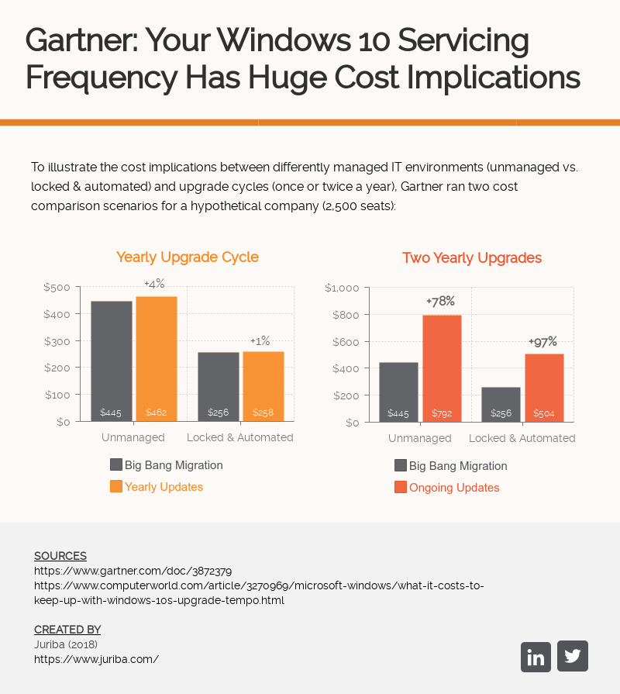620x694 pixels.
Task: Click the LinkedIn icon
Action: point(536,657)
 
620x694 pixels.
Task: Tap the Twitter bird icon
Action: point(573,656)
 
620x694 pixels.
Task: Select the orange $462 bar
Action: point(157,359)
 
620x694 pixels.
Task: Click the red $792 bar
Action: point(442,368)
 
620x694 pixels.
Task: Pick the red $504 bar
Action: point(544,388)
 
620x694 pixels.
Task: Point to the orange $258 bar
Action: point(263,386)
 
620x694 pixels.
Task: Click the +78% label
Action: point(440,301)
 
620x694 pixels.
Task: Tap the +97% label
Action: point(542,341)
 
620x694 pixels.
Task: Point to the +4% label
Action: point(154,284)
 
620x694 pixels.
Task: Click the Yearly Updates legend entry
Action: point(164,487)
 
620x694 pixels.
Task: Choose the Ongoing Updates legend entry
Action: point(453,488)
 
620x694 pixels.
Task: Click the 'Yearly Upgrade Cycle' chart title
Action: point(188,257)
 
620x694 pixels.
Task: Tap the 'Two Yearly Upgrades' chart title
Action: point(472,257)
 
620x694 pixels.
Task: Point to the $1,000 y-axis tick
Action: point(342,288)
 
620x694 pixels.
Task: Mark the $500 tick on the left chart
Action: point(57,287)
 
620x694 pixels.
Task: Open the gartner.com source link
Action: point(133,571)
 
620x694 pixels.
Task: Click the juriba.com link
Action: point(96,659)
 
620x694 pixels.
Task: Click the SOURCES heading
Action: point(60,556)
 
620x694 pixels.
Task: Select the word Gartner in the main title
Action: point(79,40)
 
